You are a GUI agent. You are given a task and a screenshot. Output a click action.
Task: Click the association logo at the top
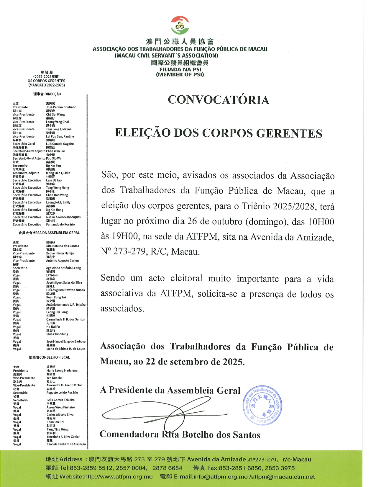pos(180,25)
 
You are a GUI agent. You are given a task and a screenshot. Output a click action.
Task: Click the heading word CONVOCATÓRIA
pos(219,100)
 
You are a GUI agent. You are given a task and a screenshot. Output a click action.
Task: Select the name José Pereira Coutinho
pos(61,107)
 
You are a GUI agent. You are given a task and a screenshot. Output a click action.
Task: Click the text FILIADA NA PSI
pos(180,69)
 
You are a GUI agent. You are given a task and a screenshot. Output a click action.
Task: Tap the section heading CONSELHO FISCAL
pos(55,357)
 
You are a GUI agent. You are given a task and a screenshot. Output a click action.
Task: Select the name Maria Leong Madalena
pos(62,370)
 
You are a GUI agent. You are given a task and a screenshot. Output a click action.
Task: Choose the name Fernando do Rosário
pos(60,224)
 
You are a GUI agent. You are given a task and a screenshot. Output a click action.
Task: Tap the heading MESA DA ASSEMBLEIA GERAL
pos(56,233)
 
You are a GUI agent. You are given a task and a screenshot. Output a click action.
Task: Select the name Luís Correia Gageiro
pos(60,144)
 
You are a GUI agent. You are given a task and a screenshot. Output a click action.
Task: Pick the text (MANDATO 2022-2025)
pos(47,85)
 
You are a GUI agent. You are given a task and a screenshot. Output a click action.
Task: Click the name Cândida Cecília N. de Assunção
pos(66,444)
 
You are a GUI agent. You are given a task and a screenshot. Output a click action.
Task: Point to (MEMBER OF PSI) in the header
pos(180,75)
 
